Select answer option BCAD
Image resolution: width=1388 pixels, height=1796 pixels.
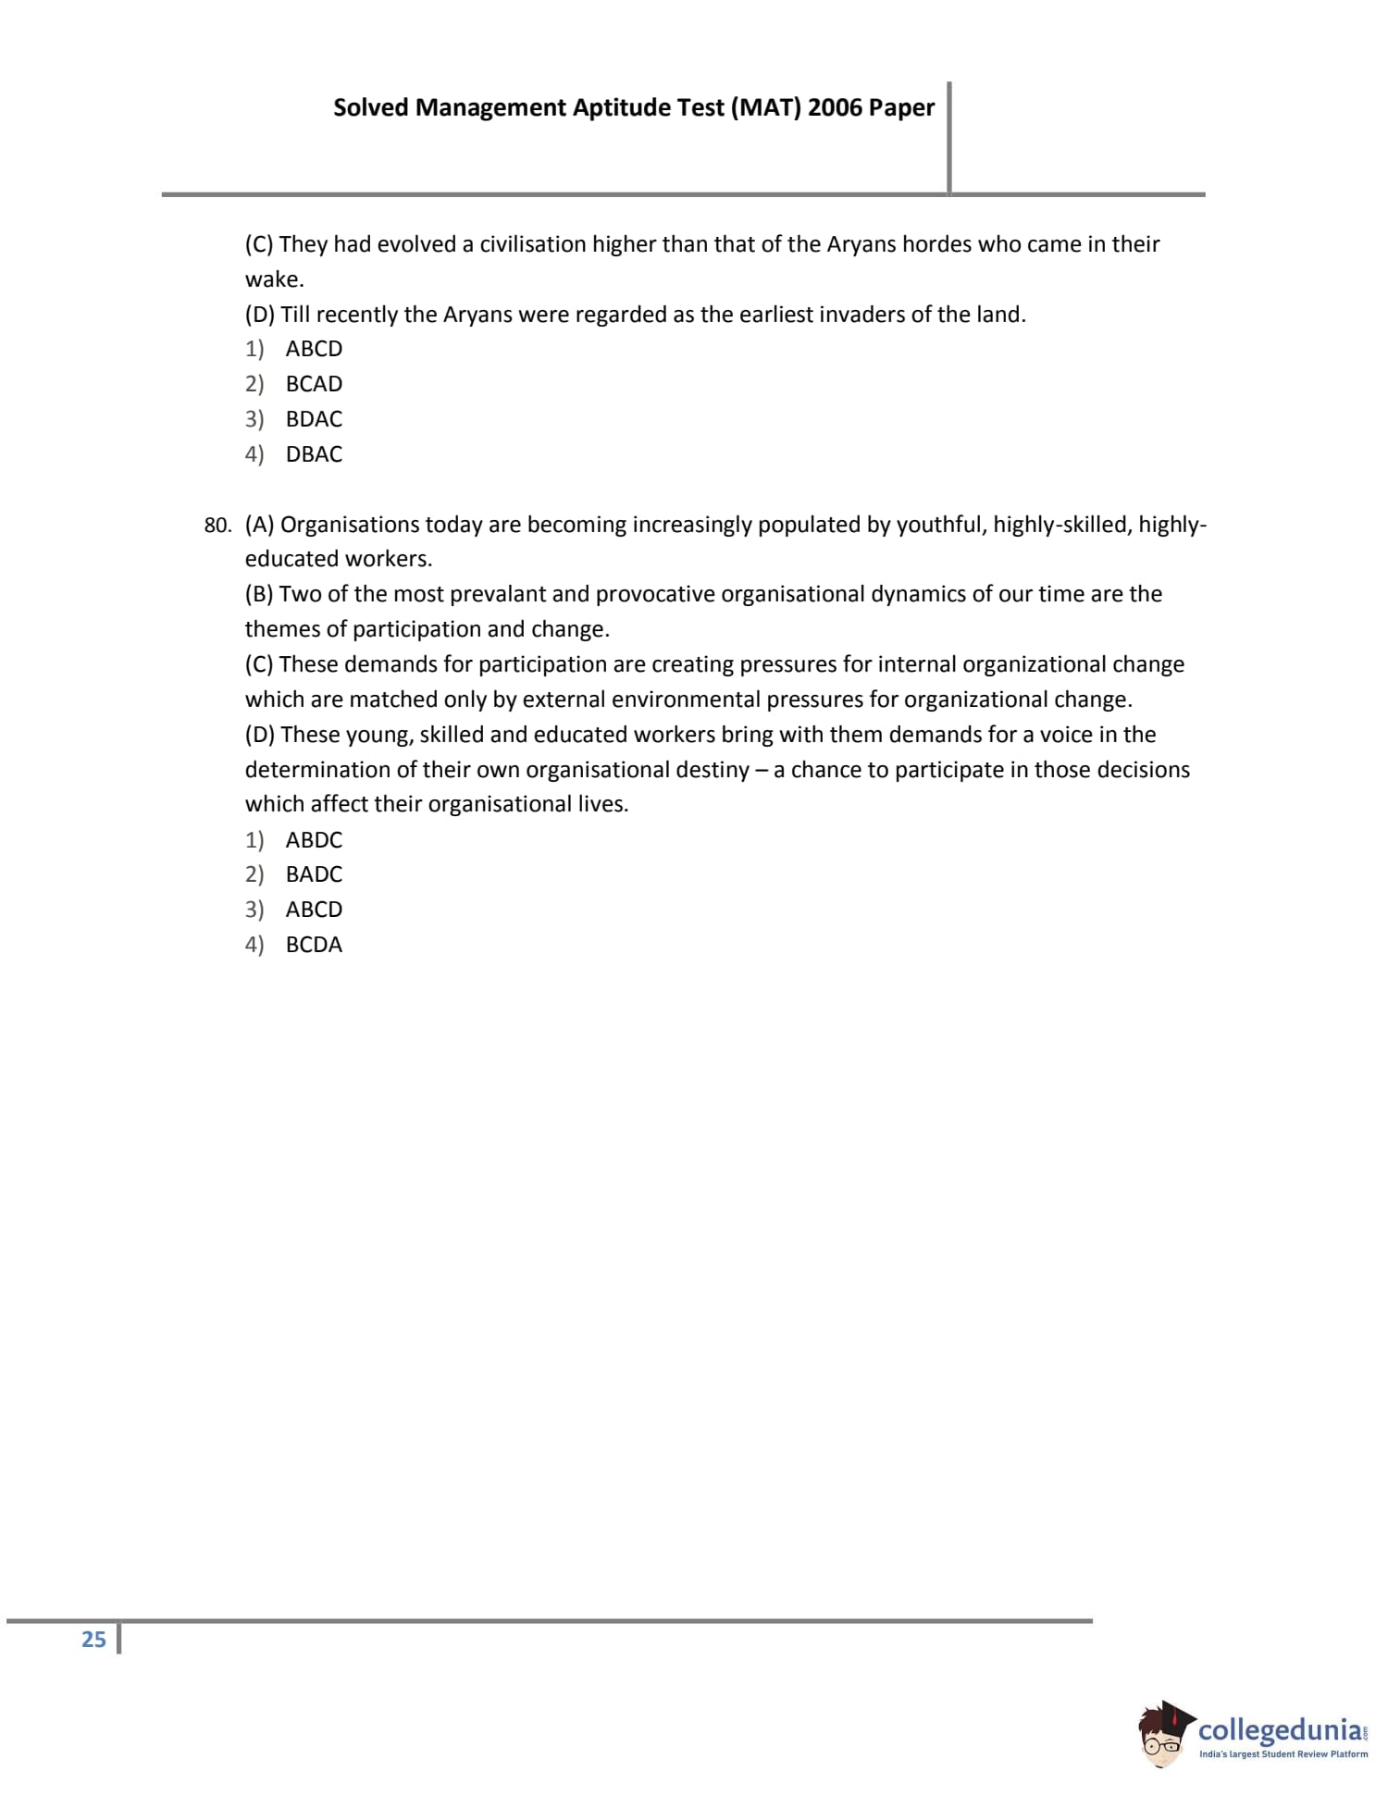[314, 384]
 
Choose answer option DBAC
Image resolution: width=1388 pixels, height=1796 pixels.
[314, 454]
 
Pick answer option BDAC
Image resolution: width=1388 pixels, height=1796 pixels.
[314, 419]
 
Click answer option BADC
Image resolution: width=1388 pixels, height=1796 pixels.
[314, 874]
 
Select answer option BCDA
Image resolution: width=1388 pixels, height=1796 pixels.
[314, 945]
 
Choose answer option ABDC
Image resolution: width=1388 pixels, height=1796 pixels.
[314, 840]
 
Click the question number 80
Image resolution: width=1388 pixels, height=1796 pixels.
[217, 526]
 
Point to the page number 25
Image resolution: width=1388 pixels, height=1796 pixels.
[93, 1640]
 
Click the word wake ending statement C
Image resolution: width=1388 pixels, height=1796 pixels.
[272, 279]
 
